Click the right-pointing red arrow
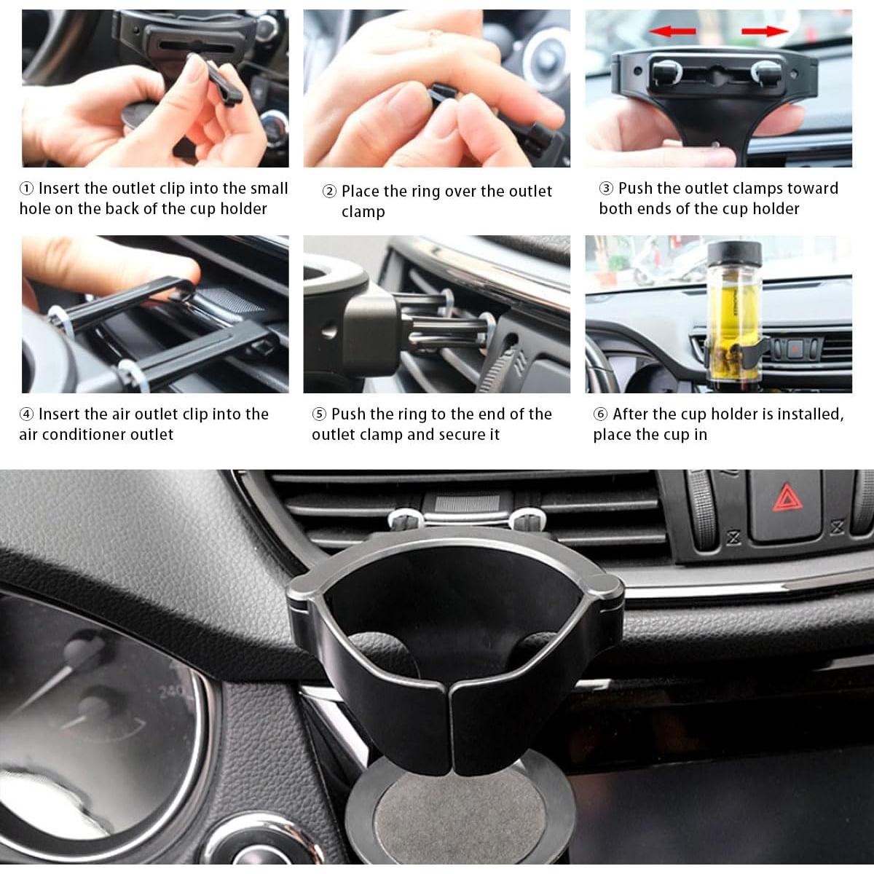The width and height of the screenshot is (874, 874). point(765,31)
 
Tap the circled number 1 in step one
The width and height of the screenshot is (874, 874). point(27,189)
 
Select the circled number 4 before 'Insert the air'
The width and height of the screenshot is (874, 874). point(27,414)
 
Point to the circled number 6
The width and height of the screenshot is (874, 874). point(601,414)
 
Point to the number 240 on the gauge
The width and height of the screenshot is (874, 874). point(173,690)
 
